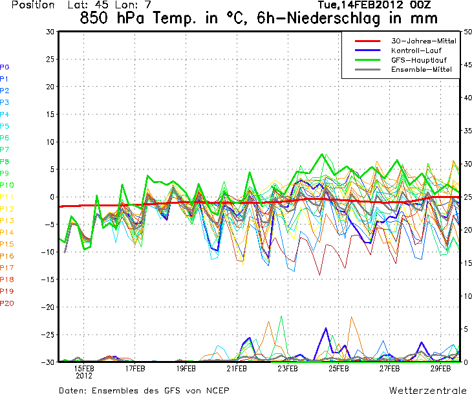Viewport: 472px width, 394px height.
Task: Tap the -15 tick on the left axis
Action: click(x=48, y=279)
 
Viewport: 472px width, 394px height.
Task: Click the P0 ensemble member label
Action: click(x=5, y=67)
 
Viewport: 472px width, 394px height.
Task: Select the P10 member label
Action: click(x=7, y=185)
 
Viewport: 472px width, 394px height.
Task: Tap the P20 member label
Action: click(x=7, y=303)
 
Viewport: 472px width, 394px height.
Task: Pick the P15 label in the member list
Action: click(x=7, y=244)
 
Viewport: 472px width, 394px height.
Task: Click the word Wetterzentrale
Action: click(x=428, y=390)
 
